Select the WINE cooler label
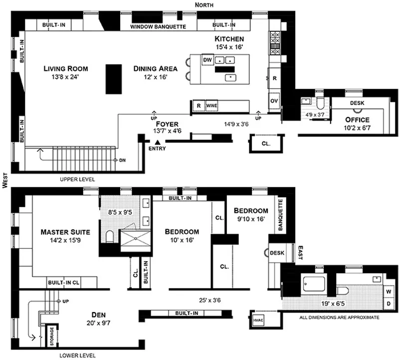click(211, 106)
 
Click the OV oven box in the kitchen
click(274, 100)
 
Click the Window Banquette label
click(158, 26)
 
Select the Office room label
click(357, 120)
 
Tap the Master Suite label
click(65, 232)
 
